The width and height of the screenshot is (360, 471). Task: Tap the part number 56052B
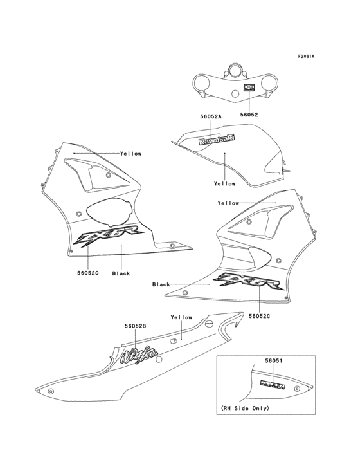coord(135,326)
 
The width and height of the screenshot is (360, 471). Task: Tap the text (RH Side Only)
coord(246,408)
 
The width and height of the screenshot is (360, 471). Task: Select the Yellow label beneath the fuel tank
coord(225,183)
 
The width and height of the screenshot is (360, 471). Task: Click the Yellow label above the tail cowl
coord(181,317)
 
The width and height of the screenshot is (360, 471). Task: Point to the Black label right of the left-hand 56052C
coord(121,273)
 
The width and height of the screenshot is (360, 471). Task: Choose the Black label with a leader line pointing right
coord(161,284)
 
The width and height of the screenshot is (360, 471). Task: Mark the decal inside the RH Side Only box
coord(273,384)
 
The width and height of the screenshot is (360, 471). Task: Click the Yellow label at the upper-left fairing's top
coord(130,154)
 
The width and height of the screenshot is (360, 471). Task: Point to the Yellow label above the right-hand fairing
coord(228,203)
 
